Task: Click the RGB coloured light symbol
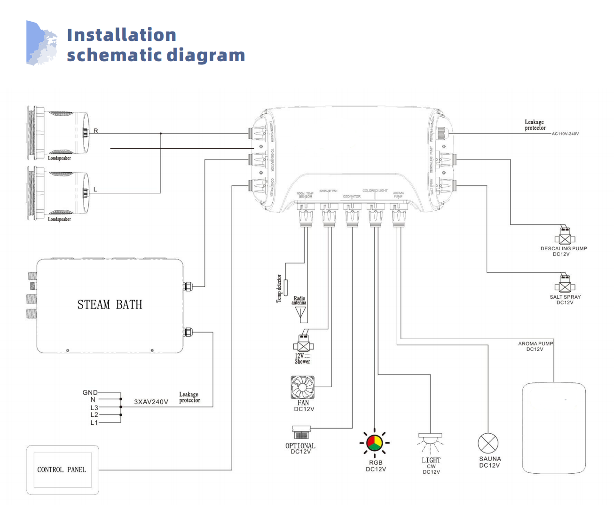374,442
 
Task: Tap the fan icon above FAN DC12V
302,387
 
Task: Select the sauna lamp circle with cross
488,443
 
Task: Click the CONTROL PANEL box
63,469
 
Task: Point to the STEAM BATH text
110,305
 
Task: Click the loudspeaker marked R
58,133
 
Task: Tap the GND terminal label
90,392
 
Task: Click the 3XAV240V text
151,402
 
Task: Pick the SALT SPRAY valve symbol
565,285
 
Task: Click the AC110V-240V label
565,134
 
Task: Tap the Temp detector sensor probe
285,287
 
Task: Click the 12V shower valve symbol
304,345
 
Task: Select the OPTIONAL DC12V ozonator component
301,433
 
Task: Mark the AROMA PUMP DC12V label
535,346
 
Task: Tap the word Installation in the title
121,35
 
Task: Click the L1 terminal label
94,422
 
